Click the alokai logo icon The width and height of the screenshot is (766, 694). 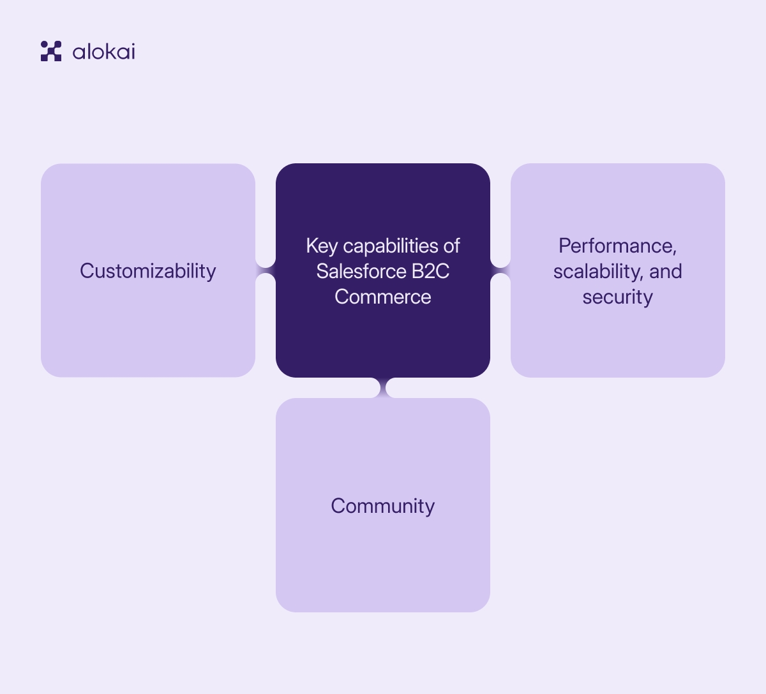tap(51, 51)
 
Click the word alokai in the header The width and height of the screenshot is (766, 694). tap(103, 52)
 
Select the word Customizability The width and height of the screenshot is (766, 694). tap(148, 271)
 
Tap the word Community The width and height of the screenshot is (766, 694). tap(383, 506)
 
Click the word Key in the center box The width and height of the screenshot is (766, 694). tap(322, 246)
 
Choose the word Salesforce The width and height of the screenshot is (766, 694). tap(361, 271)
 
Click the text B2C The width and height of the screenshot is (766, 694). tap(430, 271)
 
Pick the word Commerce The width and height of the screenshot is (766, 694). tap(383, 297)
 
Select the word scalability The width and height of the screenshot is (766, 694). tap(598, 271)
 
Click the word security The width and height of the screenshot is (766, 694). tap(617, 297)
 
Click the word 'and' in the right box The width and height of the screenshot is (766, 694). tap(666, 271)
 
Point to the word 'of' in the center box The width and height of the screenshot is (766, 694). tap(452, 246)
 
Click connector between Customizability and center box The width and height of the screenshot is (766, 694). tap(266, 270)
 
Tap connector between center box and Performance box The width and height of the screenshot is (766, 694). tap(500, 270)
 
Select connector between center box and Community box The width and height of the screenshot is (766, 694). tap(383, 388)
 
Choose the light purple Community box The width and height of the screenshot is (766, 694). tap(383, 561)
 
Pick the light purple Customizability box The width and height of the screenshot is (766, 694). tap(148, 332)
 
